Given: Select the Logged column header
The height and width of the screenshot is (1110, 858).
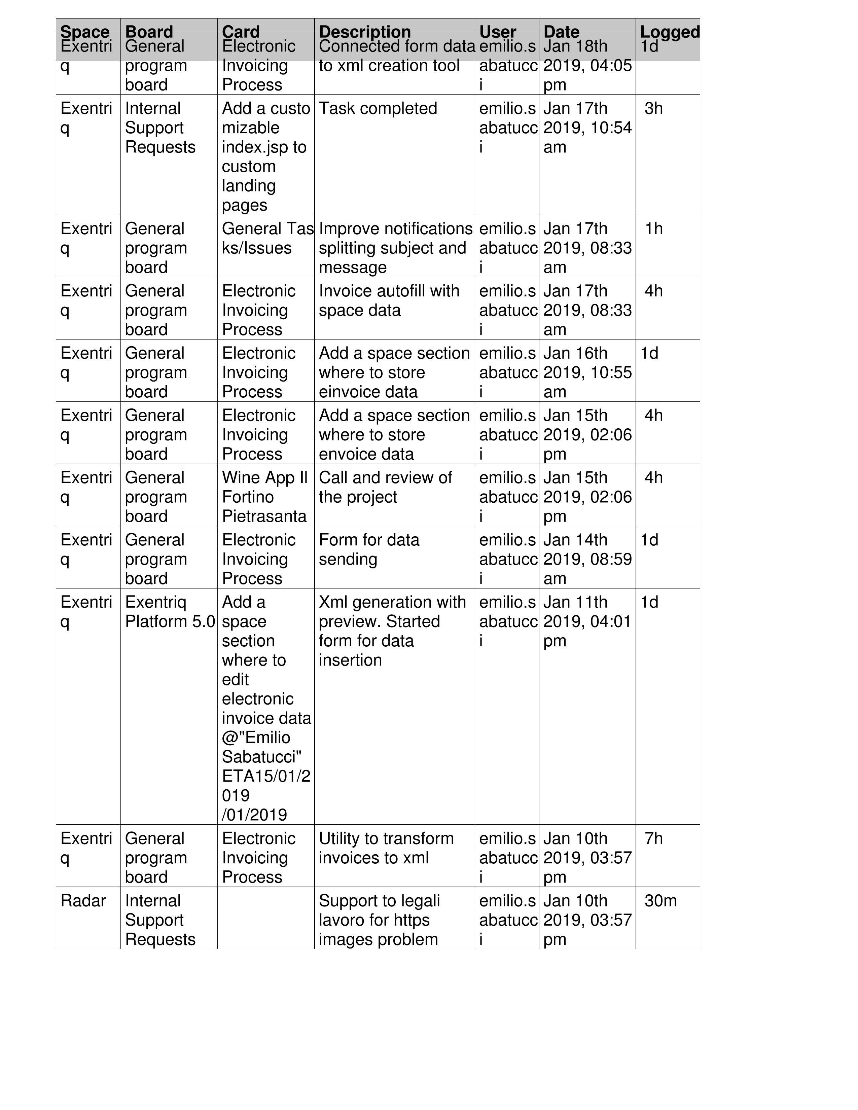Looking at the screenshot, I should pos(670,32).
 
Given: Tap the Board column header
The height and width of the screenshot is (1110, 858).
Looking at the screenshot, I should pos(149,32).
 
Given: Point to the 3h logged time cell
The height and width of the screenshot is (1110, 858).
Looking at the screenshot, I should pos(654,108).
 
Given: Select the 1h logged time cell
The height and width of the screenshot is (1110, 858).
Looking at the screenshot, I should pos(654,229).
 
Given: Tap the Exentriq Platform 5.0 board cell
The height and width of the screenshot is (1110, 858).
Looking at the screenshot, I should pos(170,611).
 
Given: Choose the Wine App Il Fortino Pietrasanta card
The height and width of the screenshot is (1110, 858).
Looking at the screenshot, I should pos(265,497).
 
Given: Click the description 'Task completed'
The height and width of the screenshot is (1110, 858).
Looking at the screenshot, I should pos(378,108).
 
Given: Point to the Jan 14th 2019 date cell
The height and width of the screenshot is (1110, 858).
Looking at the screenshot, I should pos(587,559).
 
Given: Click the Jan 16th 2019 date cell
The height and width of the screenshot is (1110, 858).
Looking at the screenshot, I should pos(587,372).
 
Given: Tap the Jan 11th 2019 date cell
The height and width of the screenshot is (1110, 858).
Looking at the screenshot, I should pos(587,621).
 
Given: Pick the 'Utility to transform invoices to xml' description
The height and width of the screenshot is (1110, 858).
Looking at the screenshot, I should pos(386,848).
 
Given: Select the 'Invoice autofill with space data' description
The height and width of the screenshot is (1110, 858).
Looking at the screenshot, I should pos(389,300).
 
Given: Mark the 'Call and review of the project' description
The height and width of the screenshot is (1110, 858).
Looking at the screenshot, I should pos(385,487).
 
